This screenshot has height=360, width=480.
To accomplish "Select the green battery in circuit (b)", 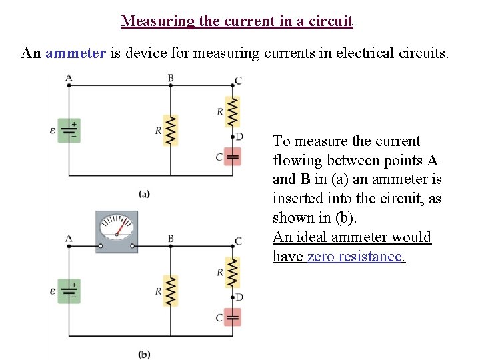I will tap(69, 291).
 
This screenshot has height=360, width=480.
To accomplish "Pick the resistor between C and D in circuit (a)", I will tap(233, 111).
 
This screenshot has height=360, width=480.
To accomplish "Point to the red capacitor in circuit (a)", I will tap(233, 157).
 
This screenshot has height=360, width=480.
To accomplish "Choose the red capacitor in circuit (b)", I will tap(232, 317).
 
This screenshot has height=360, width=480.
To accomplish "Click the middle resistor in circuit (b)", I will tap(171, 291).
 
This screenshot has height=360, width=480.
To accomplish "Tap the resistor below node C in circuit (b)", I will tap(233, 272).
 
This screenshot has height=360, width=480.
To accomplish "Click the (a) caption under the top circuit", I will tap(144, 193).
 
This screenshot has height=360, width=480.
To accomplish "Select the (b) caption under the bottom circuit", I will tap(144, 354).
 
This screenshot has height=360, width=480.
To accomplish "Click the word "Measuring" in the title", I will tap(156, 21).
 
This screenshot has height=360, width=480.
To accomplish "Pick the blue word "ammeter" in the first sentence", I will tap(75, 53).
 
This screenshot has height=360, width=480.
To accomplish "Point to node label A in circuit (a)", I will tap(69, 78).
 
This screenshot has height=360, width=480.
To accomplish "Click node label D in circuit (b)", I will tap(239, 297).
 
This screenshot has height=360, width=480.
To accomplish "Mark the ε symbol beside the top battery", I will tap(53, 131).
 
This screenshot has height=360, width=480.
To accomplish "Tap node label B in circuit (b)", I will tap(171, 239).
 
